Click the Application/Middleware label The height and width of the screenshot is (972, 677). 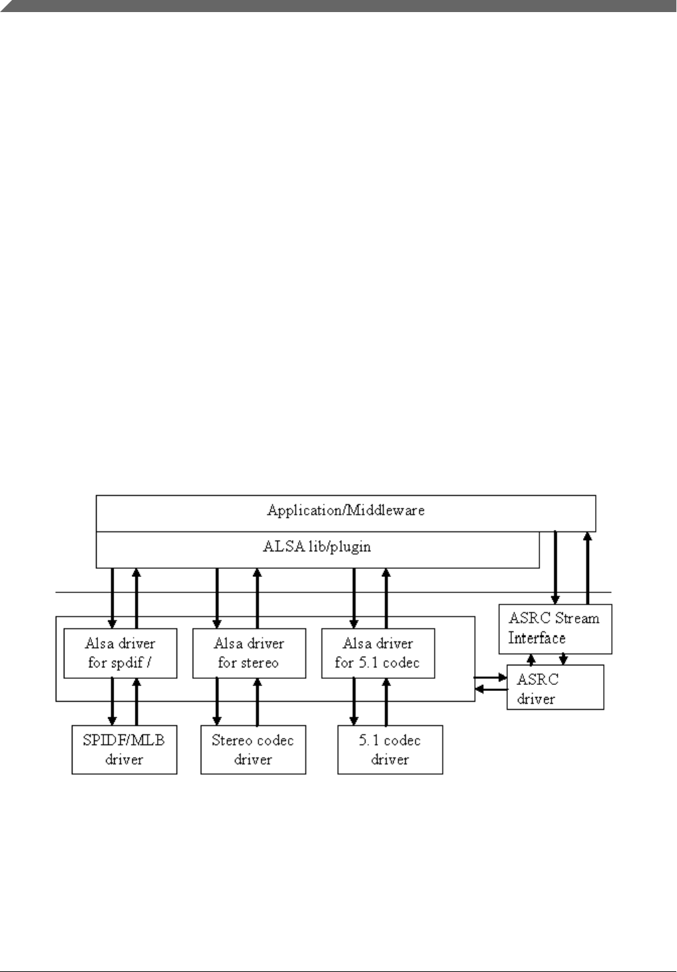click(346, 510)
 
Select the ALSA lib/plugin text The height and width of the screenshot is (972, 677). click(317, 547)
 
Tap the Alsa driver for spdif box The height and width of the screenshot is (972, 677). click(121, 653)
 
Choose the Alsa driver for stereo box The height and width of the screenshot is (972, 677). click(249, 653)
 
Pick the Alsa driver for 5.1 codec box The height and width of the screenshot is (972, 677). click(378, 653)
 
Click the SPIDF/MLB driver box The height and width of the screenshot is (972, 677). click(124, 749)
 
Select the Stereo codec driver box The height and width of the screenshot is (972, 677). click(253, 749)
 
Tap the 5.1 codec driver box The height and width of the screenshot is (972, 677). click(390, 749)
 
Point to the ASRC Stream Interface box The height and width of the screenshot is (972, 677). click(555, 629)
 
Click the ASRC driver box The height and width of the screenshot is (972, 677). click(555, 687)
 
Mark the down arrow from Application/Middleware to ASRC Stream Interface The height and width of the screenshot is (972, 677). click(556, 567)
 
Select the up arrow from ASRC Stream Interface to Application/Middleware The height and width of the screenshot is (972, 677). click(588, 567)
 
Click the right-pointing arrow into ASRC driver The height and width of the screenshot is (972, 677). click(490, 678)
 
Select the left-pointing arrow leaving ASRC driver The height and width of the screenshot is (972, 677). click(490, 688)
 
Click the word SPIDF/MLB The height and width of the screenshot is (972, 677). click(124, 741)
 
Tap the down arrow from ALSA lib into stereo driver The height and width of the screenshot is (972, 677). click(217, 598)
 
